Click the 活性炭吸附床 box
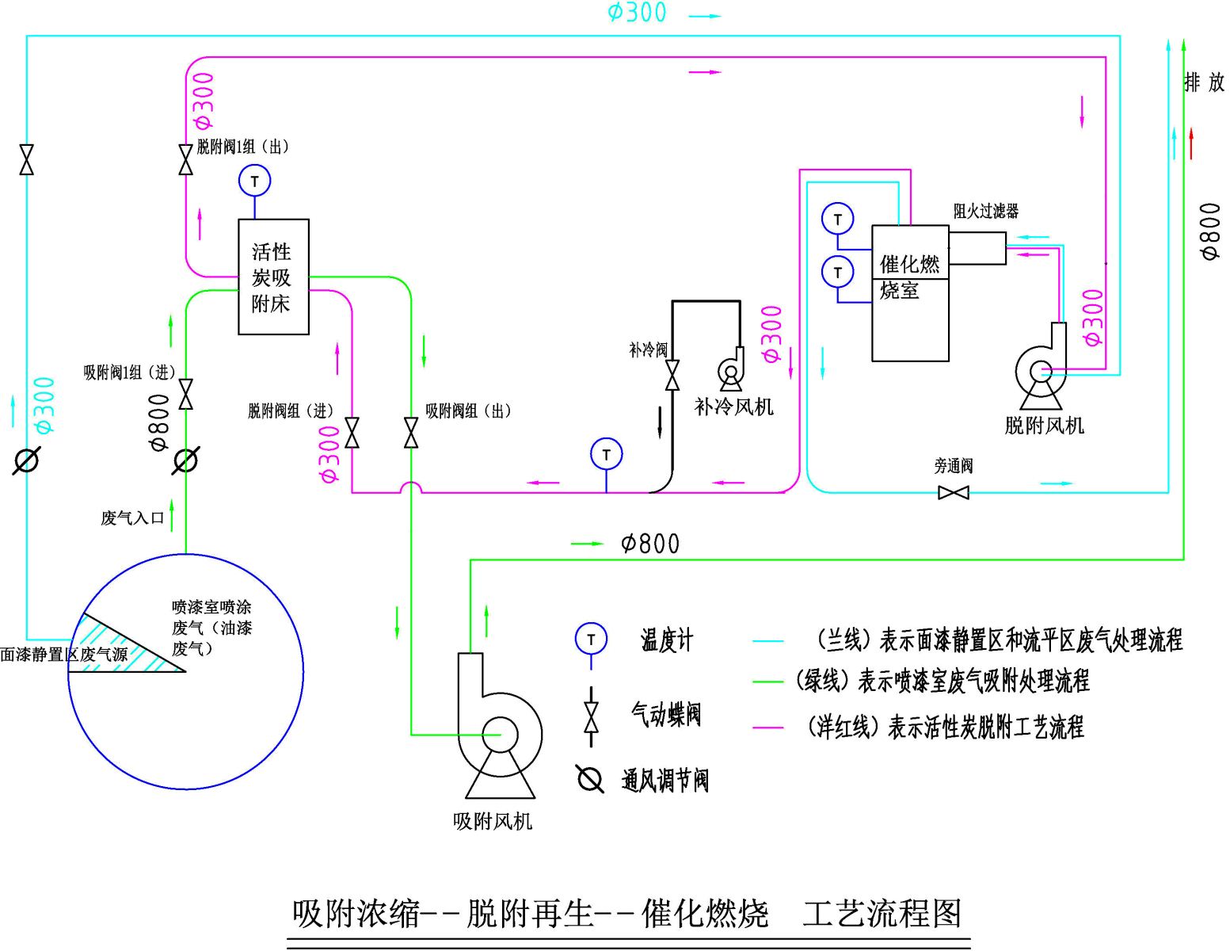pos(273,277)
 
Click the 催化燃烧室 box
pos(910,293)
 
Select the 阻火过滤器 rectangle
pos(977,248)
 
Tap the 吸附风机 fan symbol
pos(499,733)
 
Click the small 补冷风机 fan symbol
pos(730,370)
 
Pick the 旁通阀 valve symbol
pos(953,492)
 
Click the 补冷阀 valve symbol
pos(672,375)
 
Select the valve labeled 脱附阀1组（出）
pos(186,159)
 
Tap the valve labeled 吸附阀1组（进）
pos(186,394)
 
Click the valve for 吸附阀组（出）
pos(411,433)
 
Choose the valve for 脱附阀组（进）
pos(352,433)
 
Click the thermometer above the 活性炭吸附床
pos(254,181)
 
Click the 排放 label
pos(1204,82)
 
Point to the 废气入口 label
pos(132,518)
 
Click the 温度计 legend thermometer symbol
pos(591,639)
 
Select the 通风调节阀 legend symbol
pos(590,779)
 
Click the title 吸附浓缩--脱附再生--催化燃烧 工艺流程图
pos(626,914)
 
